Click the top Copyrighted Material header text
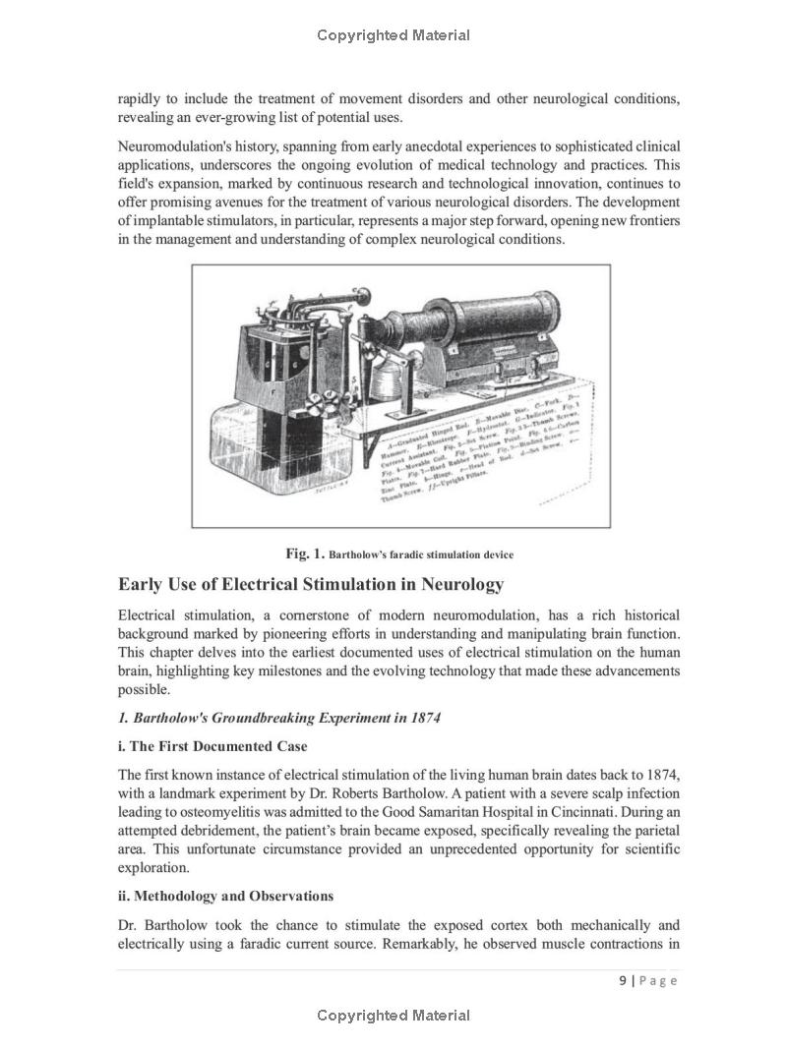(x=393, y=35)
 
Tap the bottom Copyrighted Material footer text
(x=393, y=1016)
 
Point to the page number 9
(x=624, y=980)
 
